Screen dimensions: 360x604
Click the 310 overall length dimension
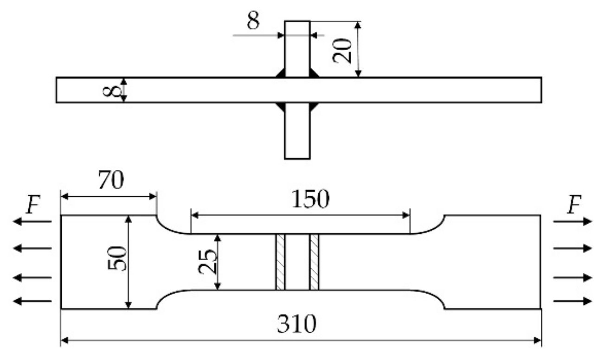[x=297, y=325]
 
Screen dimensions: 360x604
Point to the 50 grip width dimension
[x=117, y=262]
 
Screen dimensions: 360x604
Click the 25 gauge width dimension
[x=208, y=262]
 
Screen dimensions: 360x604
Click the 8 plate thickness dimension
[x=109, y=90]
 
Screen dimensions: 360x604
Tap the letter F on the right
[x=574, y=206]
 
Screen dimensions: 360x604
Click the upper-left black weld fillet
[x=280, y=73]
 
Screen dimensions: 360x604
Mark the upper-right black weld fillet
[x=314, y=73]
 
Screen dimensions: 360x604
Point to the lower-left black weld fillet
[x=280, y=107]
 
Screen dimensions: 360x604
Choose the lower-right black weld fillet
[x=314, y=107]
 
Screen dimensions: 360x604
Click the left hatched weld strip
[x=280, y=262]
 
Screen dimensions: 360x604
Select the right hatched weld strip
[x=315, y=262]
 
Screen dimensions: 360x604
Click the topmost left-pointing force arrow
[x=32, y=222]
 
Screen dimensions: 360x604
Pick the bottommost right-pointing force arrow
[x=573, y=302]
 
